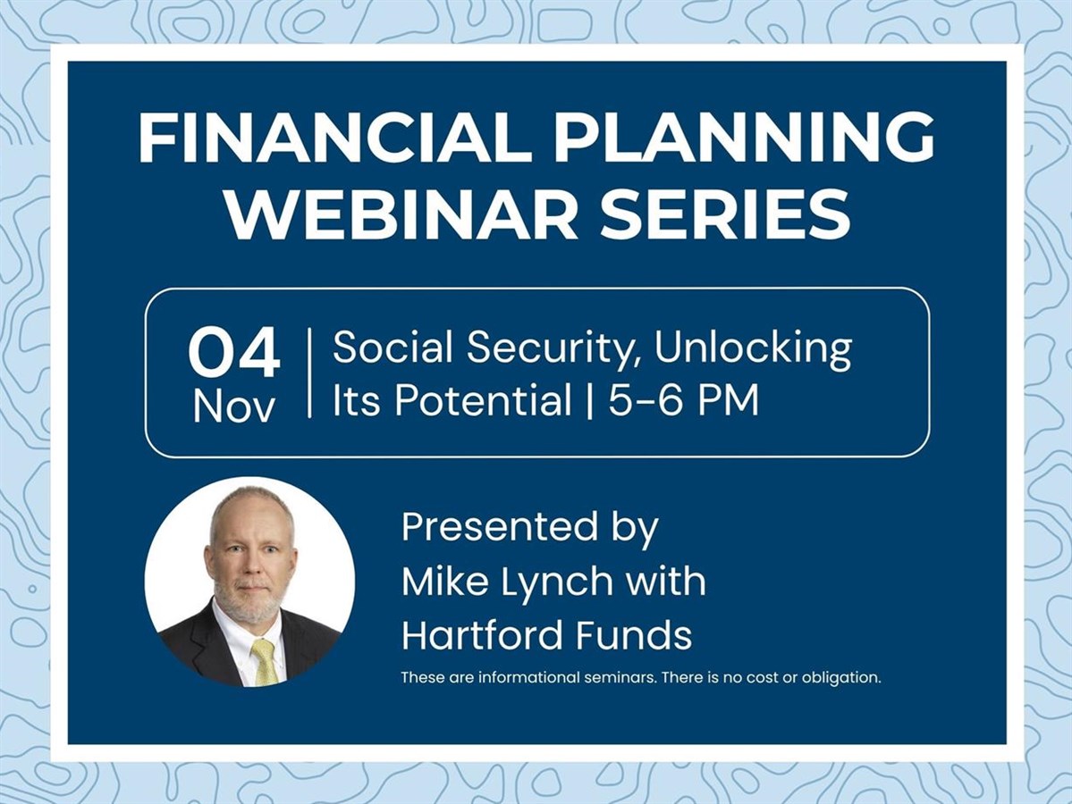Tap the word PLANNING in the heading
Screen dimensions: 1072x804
point(745,138)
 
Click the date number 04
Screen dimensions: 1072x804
point(234,353)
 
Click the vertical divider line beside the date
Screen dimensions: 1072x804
point(309,373)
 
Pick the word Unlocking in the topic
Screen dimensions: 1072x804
point(754,348)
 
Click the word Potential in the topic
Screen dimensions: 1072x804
point(483,399)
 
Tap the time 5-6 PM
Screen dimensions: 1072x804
point(684,399)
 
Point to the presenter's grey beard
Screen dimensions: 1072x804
point(251,601)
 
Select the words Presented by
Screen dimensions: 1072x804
point(530,527)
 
